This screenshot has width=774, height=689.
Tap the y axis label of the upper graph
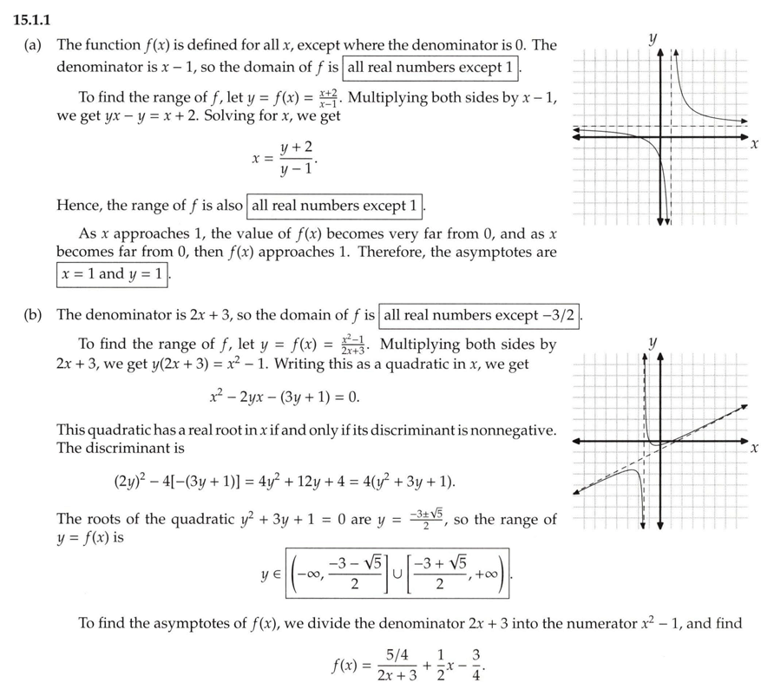653,38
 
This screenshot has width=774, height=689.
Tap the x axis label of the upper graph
755,142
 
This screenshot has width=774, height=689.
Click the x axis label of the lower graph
755,449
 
